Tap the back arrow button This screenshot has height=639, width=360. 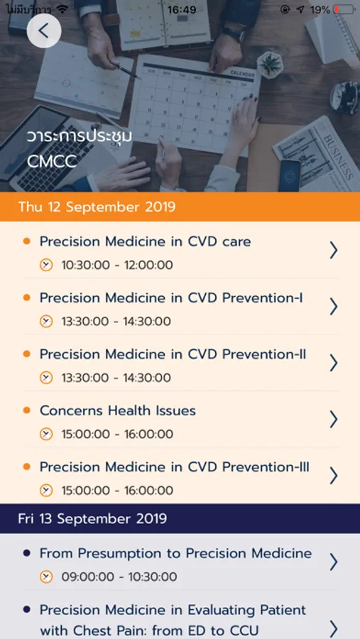point(44,31)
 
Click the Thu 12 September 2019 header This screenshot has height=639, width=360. point(97,207)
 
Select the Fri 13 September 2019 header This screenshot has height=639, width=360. point(92,518)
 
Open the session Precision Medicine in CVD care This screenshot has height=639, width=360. point(145,241)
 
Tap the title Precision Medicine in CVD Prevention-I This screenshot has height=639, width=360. point(171,298)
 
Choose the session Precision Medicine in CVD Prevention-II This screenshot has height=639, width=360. point(173,354)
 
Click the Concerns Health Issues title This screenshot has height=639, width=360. point(118,410)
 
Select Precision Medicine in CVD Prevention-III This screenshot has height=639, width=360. point(175,466)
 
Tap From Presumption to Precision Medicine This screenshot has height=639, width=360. point(175,553)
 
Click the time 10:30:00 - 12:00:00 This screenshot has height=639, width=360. point(117,266)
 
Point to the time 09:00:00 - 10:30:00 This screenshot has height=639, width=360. point(119,577)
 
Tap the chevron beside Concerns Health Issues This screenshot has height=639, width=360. point(334,419)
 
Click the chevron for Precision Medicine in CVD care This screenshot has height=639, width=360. point(334,250)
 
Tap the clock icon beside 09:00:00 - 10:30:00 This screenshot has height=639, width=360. point(46,577)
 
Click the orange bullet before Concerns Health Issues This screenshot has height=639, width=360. point(27,410)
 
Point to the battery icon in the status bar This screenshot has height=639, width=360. point(344,9)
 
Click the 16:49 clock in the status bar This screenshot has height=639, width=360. point(182,9)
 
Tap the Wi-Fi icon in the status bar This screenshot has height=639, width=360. point(62,9)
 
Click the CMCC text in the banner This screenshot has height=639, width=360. point(52,162)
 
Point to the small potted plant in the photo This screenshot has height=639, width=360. point(271,65)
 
